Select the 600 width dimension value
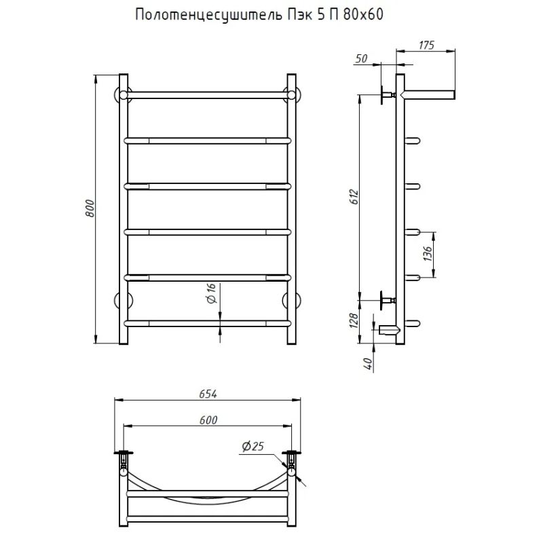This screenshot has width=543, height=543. (208, 420)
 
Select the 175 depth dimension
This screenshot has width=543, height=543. (426, 45)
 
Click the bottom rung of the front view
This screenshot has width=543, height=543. (208, 322)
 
